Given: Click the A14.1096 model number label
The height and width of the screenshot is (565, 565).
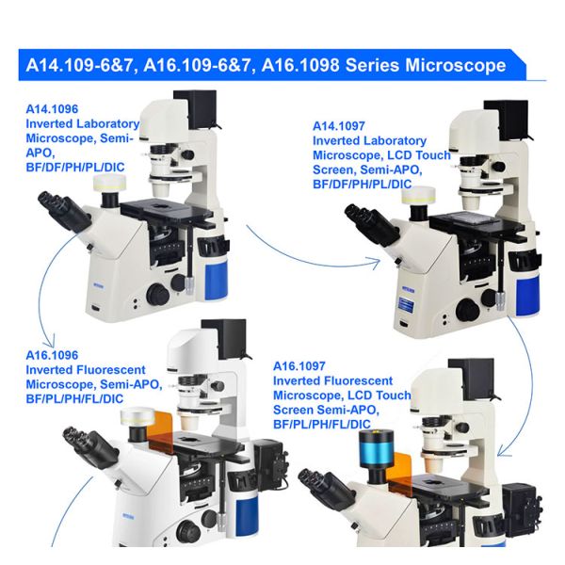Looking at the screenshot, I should point(56,109).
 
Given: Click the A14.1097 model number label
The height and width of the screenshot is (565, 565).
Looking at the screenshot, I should point(342,126).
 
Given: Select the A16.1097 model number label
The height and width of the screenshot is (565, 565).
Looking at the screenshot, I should point(302,366).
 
